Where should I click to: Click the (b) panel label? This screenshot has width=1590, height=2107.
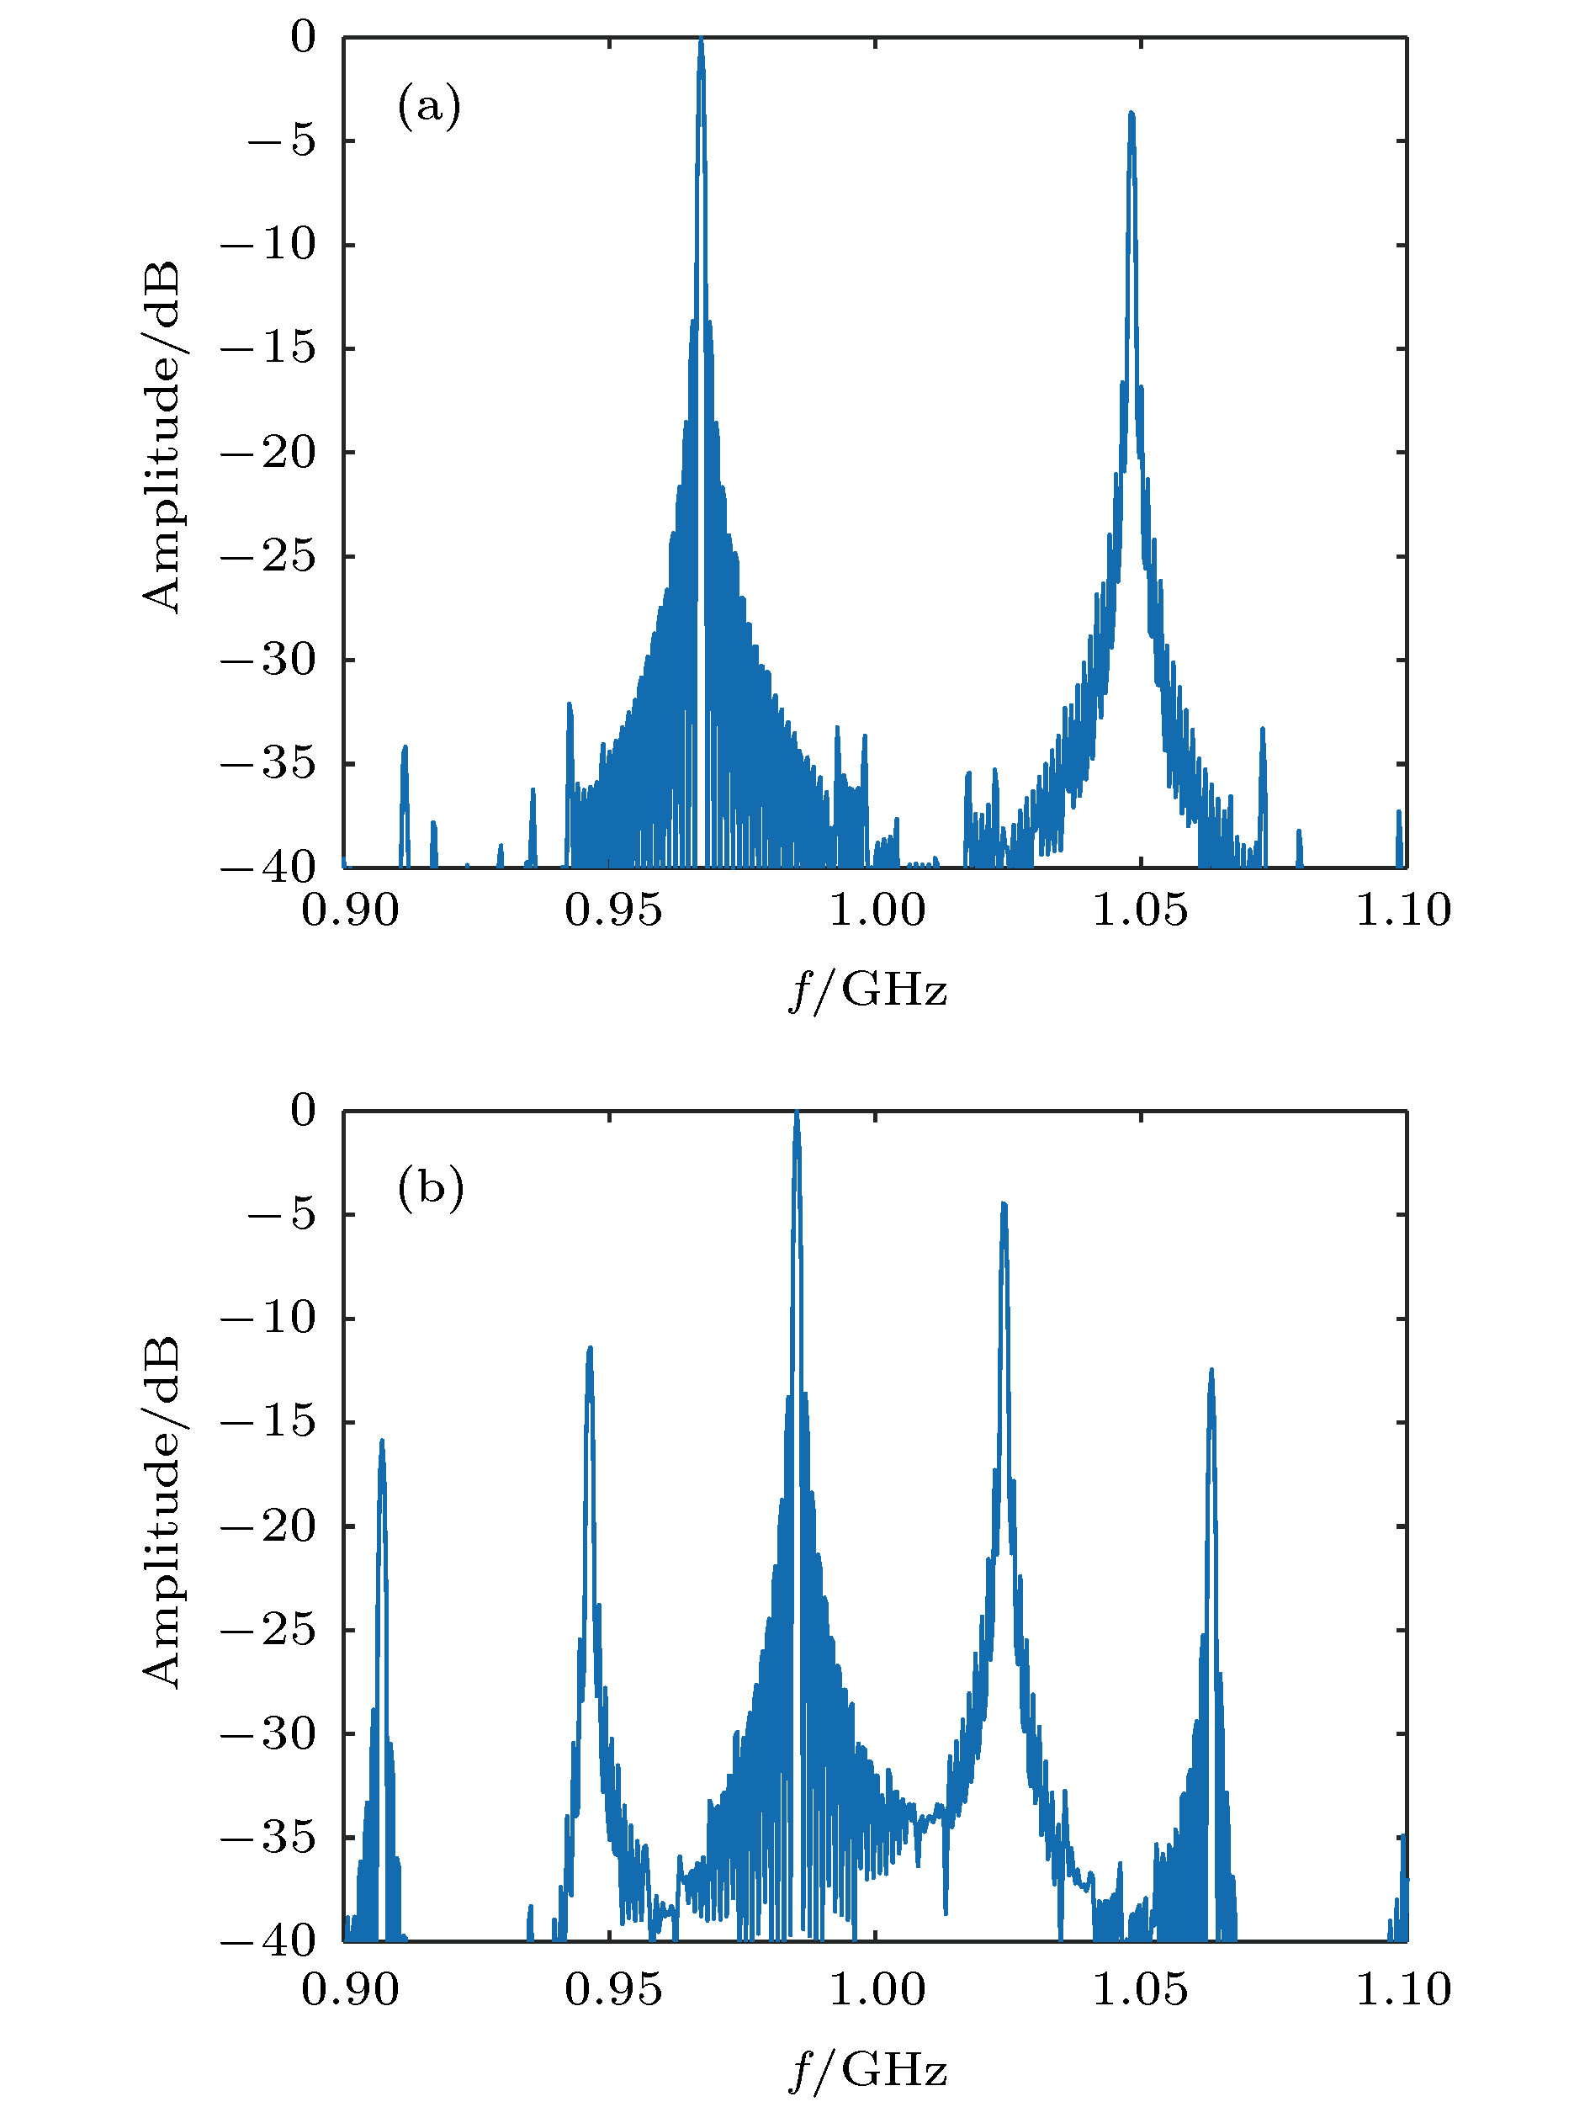(x=431, y=1188)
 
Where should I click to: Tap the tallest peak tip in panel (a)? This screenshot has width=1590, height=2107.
(x=701, y=41)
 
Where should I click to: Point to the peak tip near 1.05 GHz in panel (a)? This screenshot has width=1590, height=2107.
(x=1132, y=114)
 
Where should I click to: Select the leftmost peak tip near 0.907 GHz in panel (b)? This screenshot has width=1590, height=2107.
(x=382, y=1441)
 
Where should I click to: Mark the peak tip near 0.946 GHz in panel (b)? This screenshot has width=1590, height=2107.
(x=591, y=1349)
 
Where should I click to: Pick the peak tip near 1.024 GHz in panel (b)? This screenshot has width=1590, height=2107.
(x=1004, y=1205)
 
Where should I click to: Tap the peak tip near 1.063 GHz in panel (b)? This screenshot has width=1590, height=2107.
(x=1211, y=1371)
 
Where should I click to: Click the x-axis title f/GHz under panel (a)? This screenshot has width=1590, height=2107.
(x=867, y=990)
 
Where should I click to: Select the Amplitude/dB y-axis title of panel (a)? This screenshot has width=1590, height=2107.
(x=161, y=438)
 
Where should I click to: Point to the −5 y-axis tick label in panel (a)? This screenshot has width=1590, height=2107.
(x=281, y=141)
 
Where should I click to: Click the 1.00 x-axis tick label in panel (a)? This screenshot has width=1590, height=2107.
(x=876, y=910)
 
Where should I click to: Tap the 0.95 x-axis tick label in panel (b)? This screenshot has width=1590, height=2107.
(x=612, y=1990)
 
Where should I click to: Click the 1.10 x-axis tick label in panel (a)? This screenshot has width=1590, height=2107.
(x=1402, y=910)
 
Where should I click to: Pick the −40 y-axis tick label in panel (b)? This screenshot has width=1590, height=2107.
(x=268, y=1941)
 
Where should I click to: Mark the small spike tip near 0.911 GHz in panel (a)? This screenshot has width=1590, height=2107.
(x=405, y=748)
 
